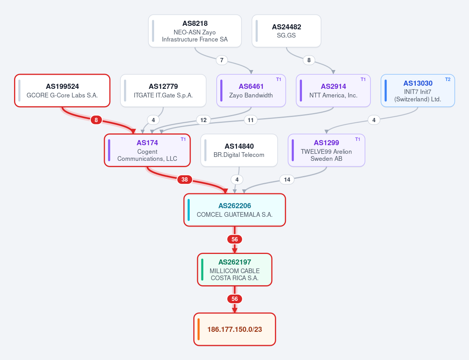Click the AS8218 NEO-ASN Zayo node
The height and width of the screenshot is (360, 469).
point(195,31)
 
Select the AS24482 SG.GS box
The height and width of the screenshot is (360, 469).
point(286,31)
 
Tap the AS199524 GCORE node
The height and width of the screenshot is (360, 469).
point(62,90)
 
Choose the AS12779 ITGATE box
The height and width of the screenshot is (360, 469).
point(163,90)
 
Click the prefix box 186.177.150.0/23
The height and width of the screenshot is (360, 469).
point(235,329)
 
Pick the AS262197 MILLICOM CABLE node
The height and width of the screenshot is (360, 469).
point(235,270)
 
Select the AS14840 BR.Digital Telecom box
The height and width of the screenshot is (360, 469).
point(239,150)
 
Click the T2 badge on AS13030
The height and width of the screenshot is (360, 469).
point(447,79)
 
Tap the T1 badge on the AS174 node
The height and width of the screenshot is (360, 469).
point(183,139)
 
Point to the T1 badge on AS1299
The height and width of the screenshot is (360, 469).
point(358,139)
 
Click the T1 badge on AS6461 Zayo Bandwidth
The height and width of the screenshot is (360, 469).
point(279,79)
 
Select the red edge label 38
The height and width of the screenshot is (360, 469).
point(185,180)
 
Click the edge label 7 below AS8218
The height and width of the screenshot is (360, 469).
point(222,60)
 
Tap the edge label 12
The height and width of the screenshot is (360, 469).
point(203,120)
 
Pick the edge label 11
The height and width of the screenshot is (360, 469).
point(251,120)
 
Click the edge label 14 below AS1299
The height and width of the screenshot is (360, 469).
point(287,180)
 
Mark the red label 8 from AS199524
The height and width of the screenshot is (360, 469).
point(96,120)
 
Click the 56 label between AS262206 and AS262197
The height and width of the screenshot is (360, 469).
point(235,239)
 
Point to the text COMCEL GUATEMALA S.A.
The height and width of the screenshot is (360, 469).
point(235,214)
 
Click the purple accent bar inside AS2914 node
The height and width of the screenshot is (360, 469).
point(300,90)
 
